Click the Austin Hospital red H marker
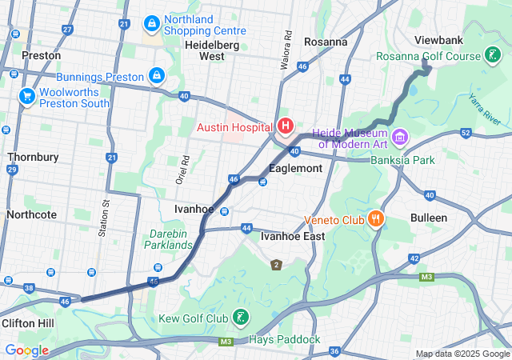point(285,126)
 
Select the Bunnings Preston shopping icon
point(157,77)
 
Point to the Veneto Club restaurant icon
point(375,218)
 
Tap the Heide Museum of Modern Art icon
point(399,138)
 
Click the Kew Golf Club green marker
point(240,318)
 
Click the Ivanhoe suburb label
point(194,209)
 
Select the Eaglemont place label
point(295,169)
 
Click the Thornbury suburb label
point(32,157)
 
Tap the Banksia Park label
point(402,160)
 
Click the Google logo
point(26,350)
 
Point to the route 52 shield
point(466,133)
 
